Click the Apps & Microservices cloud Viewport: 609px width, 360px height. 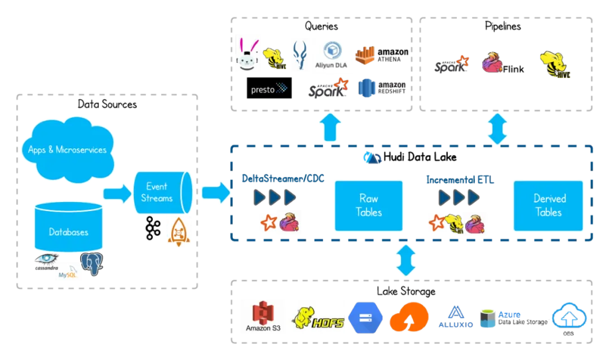point(68,149)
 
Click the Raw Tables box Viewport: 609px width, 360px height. point(369,205)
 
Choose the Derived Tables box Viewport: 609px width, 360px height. point(548,205)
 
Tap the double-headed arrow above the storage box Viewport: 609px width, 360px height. point(405,260)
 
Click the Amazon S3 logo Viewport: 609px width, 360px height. point(263,316)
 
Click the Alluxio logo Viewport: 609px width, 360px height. point(455,317)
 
